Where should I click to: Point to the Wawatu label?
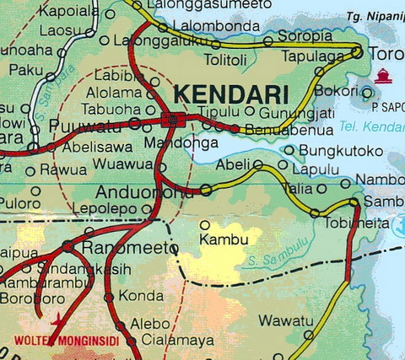click(x=279, y=320)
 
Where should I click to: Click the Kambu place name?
click(x=223, y=239)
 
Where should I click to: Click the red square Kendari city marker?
click(x=172, y=120)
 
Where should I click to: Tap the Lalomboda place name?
click(x=214, y=26)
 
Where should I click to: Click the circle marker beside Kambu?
click(x=204, y=225)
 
